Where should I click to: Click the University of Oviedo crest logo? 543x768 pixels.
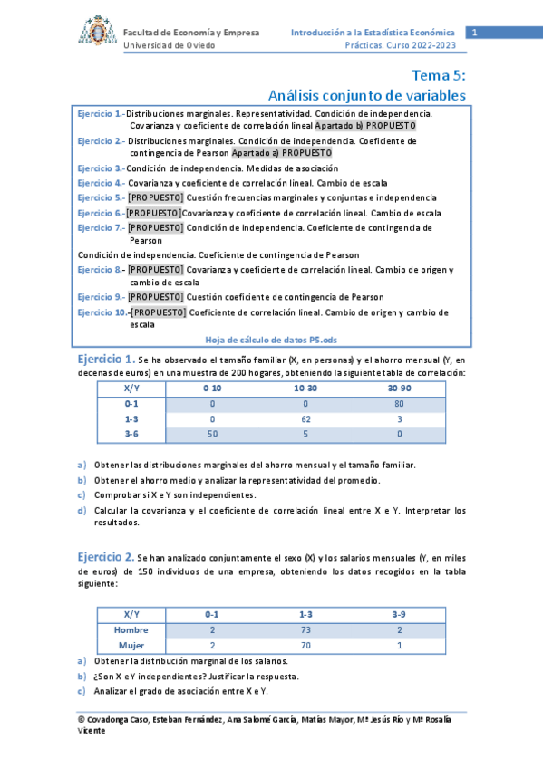(x=92, y=33)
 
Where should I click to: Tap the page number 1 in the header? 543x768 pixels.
(x=473, y=34)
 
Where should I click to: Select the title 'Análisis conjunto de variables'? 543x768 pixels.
(x=367, y=95)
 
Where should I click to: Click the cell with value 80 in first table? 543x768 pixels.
(x=399, y=404)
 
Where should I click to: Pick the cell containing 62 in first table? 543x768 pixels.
(x=305, y=419)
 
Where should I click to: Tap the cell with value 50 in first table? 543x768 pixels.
(x=212, y=435)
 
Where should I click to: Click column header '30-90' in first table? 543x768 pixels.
(x=399, y=389)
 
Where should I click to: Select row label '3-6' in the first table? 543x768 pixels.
(x=131, y=435)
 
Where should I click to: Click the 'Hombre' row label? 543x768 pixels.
(x=131, y=629)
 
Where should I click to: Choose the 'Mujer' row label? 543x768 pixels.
(x=131, y=645)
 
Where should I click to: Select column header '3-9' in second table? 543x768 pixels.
(x=399, y=614)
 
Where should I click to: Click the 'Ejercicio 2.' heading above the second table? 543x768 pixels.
(x=106, y=556)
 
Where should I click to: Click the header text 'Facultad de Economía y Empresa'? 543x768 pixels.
(x=191, y=33)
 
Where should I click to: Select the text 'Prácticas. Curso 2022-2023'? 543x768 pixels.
(x=400, y=45)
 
